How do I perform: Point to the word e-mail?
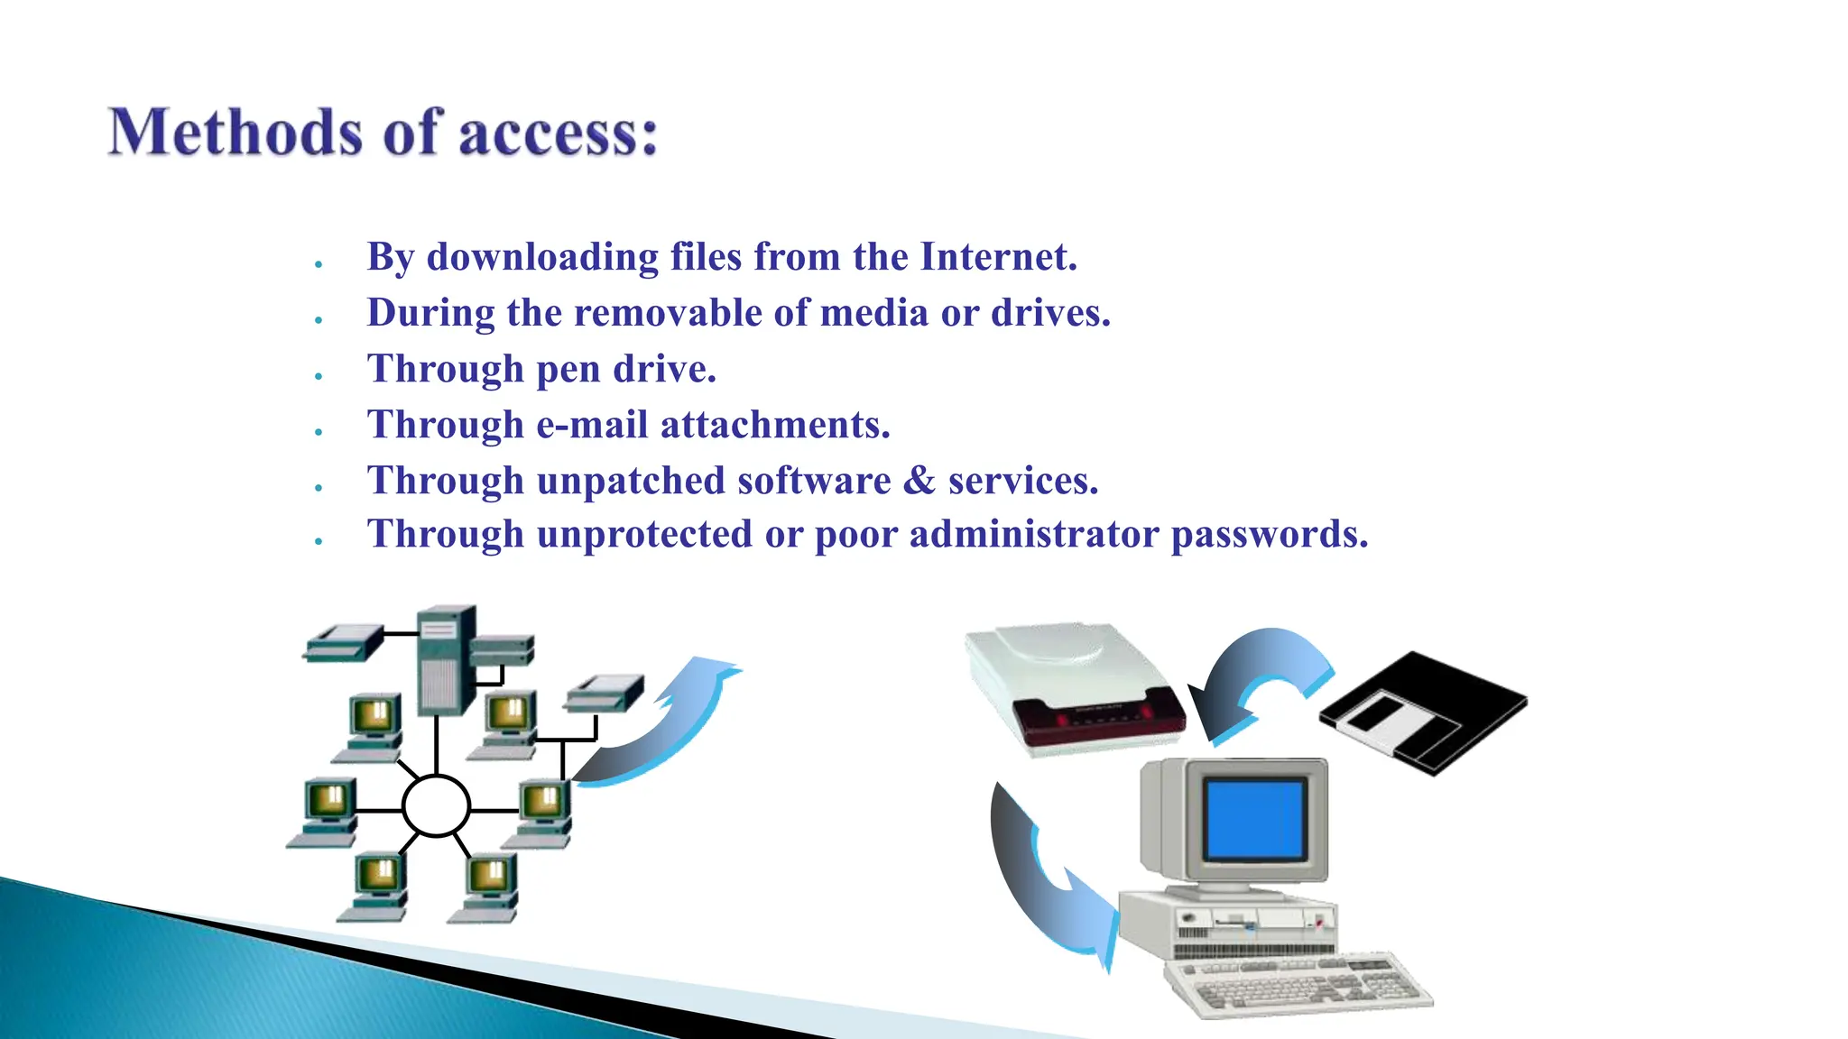click(592, 425)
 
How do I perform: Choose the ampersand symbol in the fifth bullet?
click(919, 481)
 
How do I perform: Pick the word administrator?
click(1033, 534)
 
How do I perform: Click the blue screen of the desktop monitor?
click(1254, 819)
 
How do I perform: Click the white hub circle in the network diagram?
click(436, 805)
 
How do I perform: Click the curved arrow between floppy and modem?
click(1259, 681)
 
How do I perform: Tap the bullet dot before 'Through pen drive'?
click(319, 376)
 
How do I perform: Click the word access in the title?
click(558, 133)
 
